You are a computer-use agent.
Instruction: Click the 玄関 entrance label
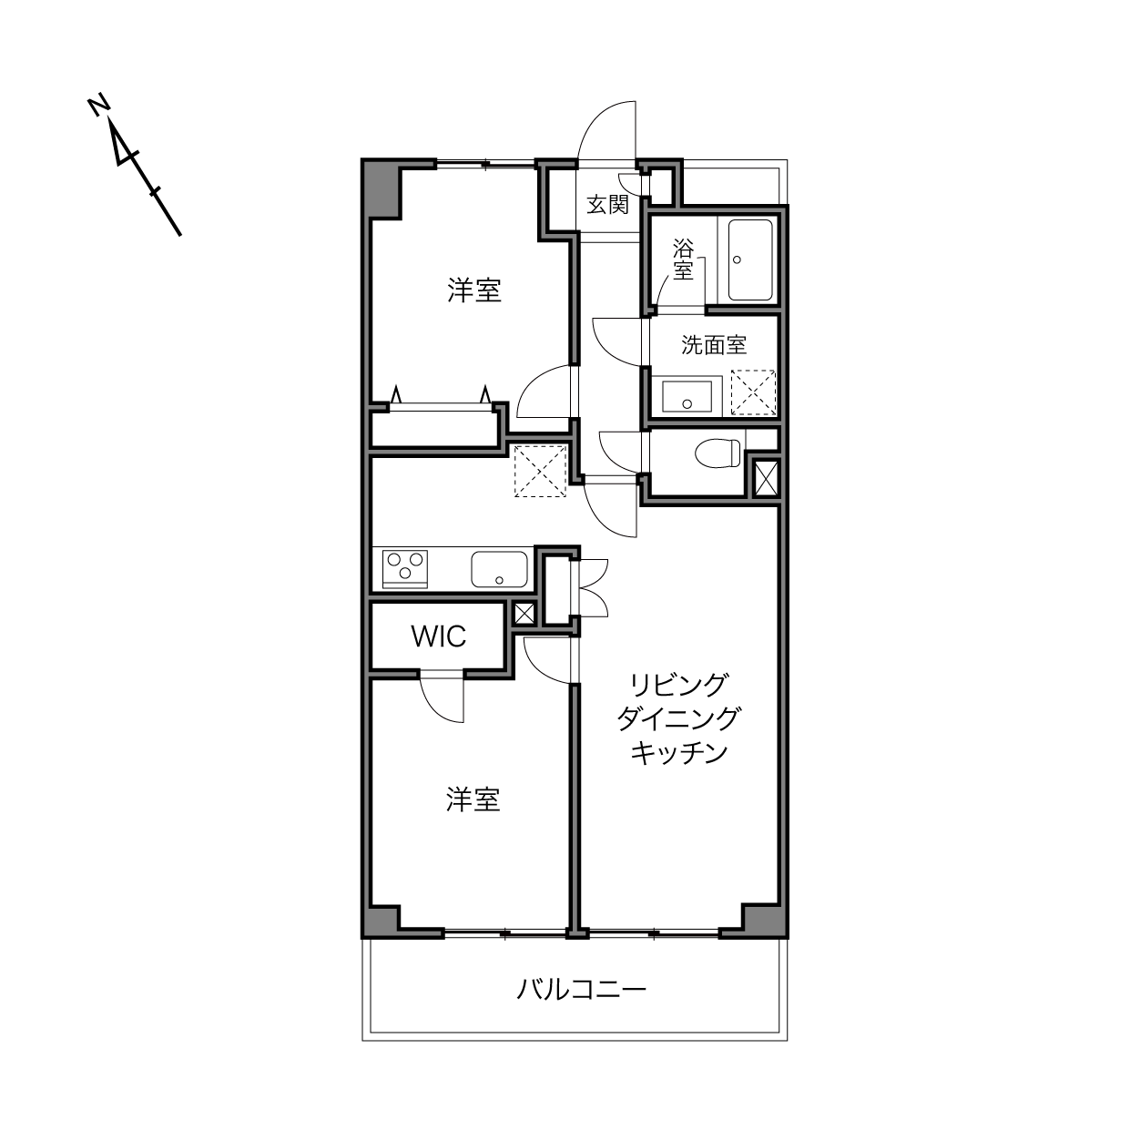pyautogui.click(x=607, y=205)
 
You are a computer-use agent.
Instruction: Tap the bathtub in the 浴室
pyautogui.click(x=750, y=260)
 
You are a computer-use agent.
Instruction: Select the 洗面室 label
pyautogui.click(x=714, y=345)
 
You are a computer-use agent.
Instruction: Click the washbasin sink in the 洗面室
pyautogui.click(x=687, y=396)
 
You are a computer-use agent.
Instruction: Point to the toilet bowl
pyautogui.click(x=718, y=453)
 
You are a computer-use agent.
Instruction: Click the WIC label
pyautogui.click(x=438, y=636)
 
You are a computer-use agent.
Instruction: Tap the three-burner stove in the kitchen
pyautogui.click(x=405, y=569)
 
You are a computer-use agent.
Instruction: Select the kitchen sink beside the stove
pyautogui.click(x=499, y=569)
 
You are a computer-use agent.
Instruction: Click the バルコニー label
pyautogui.click(x=582, y=988)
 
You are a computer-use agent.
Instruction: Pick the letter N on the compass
pyautogui.click(x=99, y=105)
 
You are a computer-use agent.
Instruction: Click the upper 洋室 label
pyautogui.click(x=474, y=290)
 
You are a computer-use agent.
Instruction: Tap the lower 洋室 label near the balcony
pyautogui.click(x=473, y=799)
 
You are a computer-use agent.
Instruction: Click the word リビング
pyautogui.click(x=678, y=685)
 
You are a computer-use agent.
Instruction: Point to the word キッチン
pyautogui.click(x=678, y=752)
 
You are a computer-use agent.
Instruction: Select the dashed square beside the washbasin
pyautogui.click(x=753, y=392)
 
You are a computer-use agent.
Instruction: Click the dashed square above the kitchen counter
pyautogui.click(x=540, y=471)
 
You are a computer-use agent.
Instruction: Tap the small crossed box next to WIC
pyautogui.click(x=524, y=614)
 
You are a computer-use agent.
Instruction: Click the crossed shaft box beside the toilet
pyautogui.click(x=767, y=478)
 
